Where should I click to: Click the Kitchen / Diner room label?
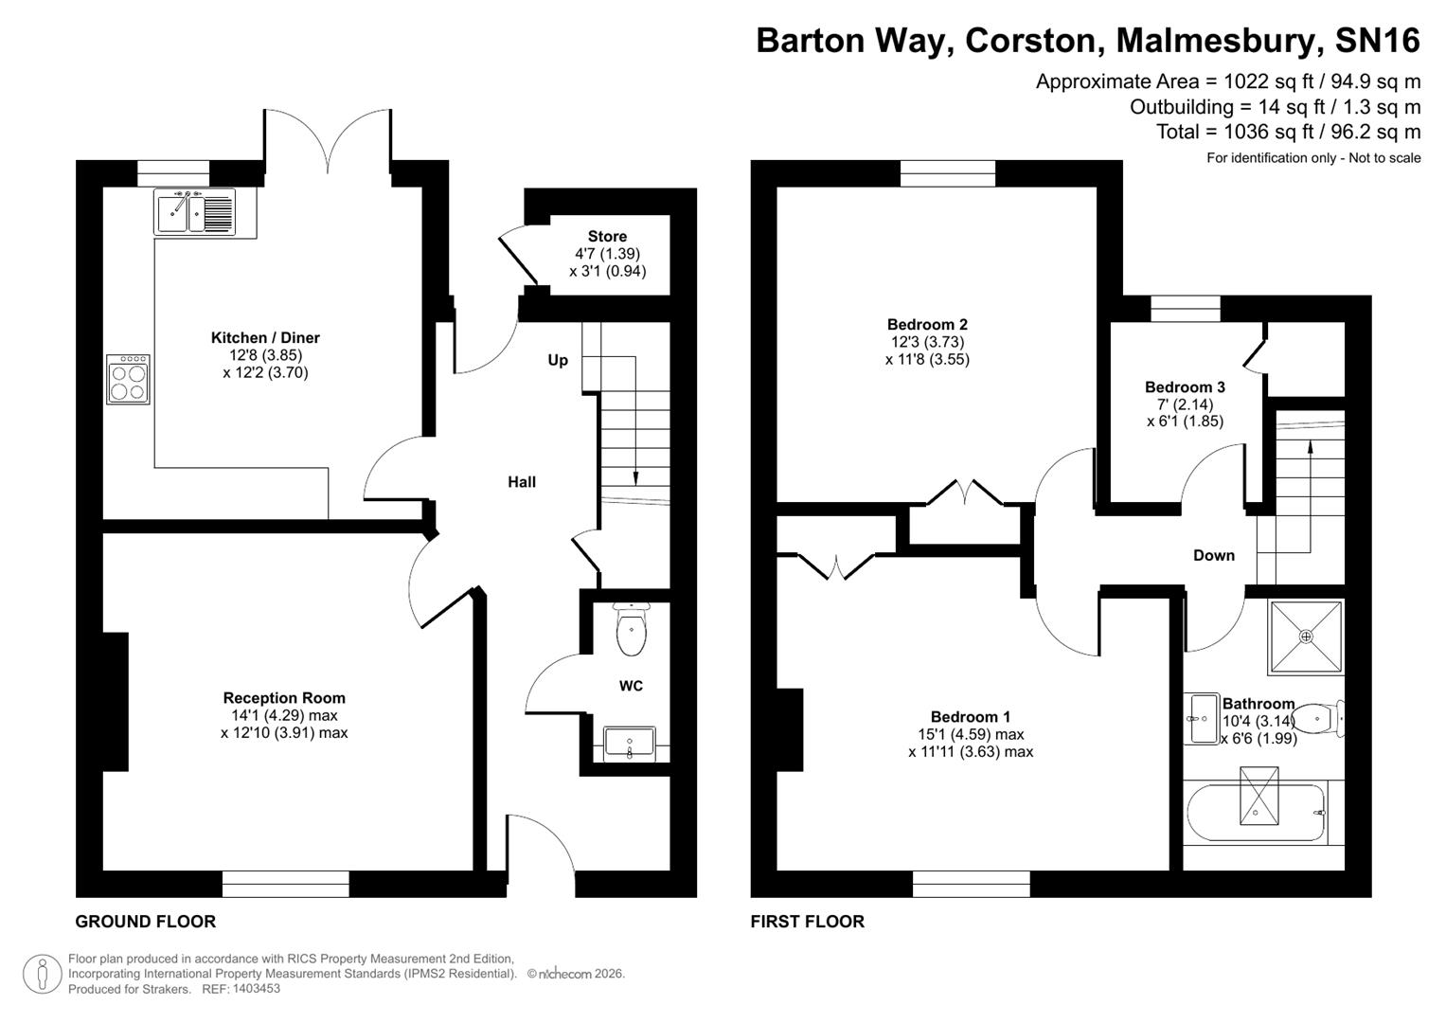tap(265, 337)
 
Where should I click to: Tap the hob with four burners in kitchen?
tap(128, 379)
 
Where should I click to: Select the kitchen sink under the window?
tap(194, 211)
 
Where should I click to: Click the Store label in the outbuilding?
tap(607, 237)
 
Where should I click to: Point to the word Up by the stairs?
tap(558, 360)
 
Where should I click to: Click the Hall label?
tap(522, 482)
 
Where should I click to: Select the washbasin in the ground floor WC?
tap(629, 742)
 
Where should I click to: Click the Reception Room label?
tap(284, 698)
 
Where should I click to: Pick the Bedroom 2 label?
tap(927, 324)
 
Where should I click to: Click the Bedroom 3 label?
tap(1185, 386)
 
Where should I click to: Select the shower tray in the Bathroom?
tap(1306, 637)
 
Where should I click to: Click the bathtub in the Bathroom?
tap(1256, 812)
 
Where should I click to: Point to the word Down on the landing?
tap(1213, 555)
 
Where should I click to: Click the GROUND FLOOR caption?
tap(146, 921)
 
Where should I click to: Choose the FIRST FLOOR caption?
tap(807, 921)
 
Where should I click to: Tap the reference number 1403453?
tap(255, 989)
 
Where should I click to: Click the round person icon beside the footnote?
tap(42, 974)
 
